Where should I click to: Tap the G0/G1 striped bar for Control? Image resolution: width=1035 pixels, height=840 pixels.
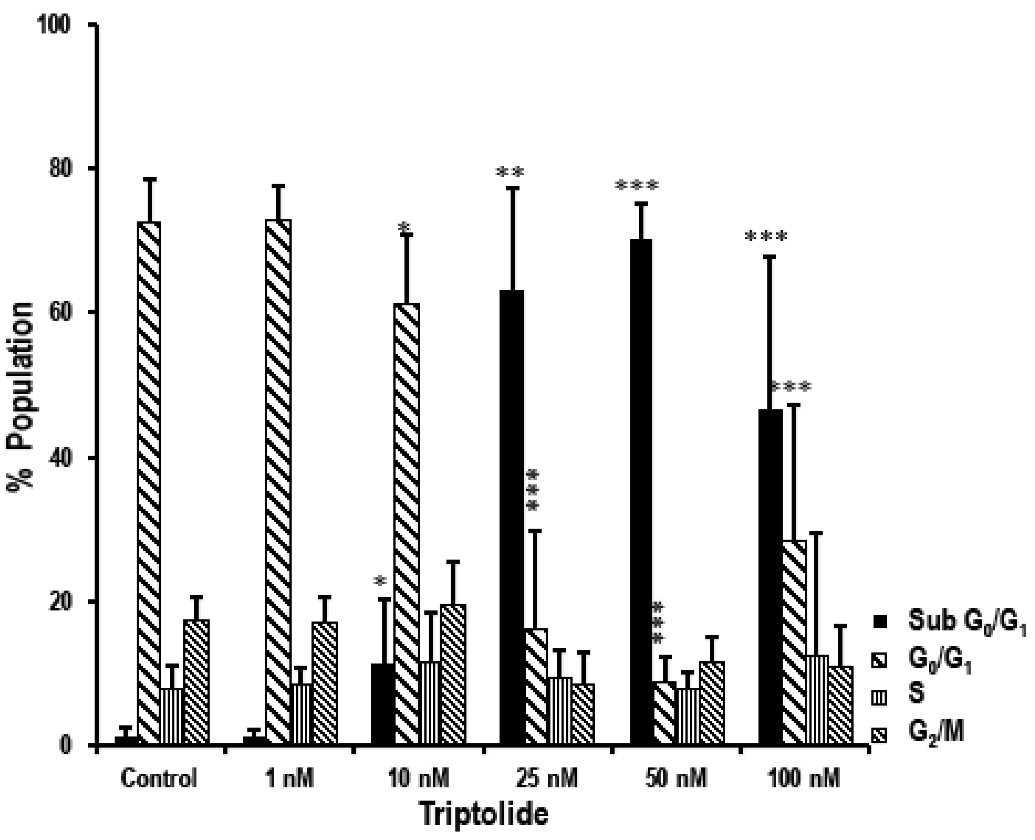tap(149, 484)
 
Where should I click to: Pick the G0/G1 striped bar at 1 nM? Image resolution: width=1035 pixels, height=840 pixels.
tap(278, 484)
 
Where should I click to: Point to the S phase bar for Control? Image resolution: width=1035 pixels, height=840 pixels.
tap(172, 716)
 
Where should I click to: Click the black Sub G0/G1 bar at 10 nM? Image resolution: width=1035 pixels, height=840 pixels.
tap(383, 704)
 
